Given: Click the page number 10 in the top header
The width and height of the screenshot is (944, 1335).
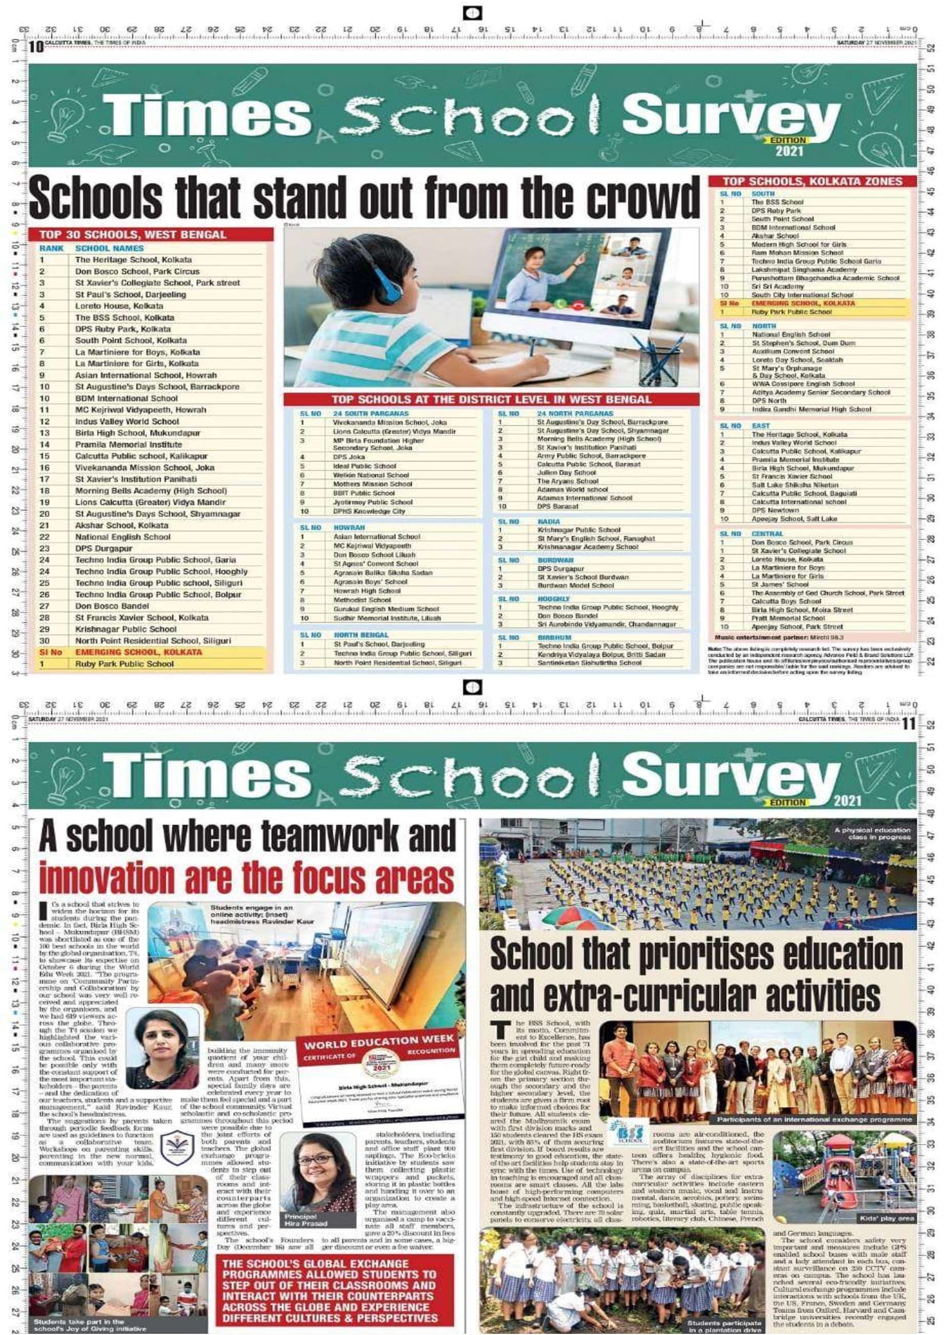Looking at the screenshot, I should click(x=36, y=46).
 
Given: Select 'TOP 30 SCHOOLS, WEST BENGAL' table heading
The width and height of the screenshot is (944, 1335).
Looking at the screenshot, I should click(x=132, y=235).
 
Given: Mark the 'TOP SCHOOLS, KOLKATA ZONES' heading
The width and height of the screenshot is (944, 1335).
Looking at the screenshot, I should click(x=812, y=182).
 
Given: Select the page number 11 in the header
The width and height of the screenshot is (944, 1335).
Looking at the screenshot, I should click(x=908, y=724).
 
